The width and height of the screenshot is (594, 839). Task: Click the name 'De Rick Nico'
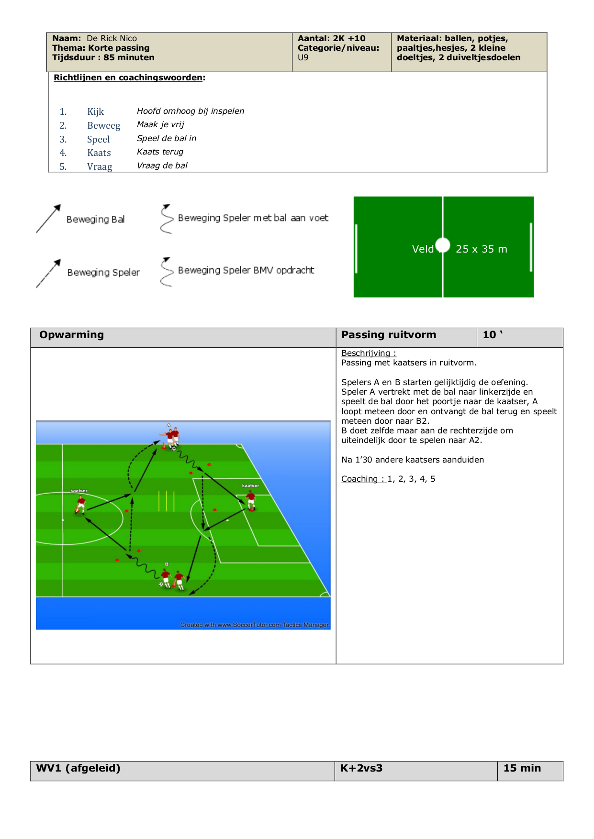coord(112,38)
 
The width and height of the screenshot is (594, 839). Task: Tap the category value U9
coord(303,57)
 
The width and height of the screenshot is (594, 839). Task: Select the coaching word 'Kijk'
coord(95,111)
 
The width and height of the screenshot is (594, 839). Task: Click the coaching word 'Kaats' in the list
coord(99,153)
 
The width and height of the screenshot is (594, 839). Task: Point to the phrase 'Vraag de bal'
coord(162,166)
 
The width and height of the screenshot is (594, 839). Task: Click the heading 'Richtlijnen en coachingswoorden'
coord(128,77)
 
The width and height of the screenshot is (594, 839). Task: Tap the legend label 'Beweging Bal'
coord(96,219)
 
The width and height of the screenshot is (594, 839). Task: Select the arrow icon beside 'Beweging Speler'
coord(48,274)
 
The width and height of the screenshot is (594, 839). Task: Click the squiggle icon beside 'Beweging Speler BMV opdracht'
coord(166,272)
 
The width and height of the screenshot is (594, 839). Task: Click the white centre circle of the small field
coord(443,245)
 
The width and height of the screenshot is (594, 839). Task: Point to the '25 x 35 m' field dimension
coord(481,249)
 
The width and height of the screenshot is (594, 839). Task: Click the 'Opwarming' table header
coord(71,335)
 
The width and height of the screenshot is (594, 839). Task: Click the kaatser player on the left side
coord(80,505)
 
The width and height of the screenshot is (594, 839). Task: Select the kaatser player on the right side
coord(250,500)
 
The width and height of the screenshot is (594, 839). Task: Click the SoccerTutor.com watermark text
coord(254,625)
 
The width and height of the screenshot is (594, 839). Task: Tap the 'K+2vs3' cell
coord(361,768)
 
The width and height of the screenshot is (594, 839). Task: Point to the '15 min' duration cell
coord(522,768)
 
